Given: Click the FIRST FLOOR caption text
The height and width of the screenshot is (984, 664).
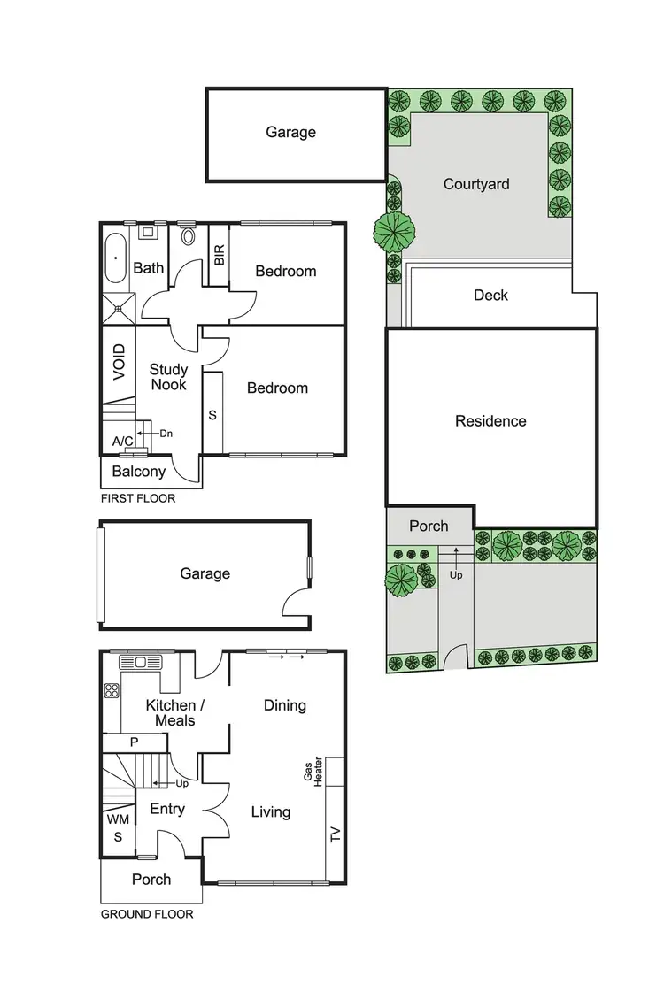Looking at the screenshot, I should [x=137, y=498].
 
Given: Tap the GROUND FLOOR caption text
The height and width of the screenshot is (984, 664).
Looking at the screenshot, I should [x=146, y=914].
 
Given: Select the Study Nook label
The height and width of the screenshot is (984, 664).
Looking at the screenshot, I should [x=167, y=377].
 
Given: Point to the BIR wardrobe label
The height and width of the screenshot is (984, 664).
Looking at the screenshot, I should [x=219, y=256].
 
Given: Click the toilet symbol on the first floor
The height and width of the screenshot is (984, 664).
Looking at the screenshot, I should [x=188, y=235].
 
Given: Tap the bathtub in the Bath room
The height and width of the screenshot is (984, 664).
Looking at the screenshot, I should [x=115, y=259].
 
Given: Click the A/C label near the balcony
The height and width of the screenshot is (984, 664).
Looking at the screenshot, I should [x=123, y=441].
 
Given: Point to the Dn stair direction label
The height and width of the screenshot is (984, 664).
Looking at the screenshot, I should [x=166, y=434].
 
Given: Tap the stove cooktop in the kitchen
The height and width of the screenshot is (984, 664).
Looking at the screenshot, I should [x=112, y=690].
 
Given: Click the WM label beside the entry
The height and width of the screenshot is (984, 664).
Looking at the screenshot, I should [x=118, y=819].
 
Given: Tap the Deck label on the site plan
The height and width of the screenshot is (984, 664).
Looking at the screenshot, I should [x=490, y=295].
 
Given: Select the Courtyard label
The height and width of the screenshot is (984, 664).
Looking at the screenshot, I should [x=476, y=184].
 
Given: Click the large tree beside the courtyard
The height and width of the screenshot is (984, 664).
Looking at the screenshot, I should [x=395, y=233].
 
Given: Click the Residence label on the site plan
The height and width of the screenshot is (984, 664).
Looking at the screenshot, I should [x=490, y=421].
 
